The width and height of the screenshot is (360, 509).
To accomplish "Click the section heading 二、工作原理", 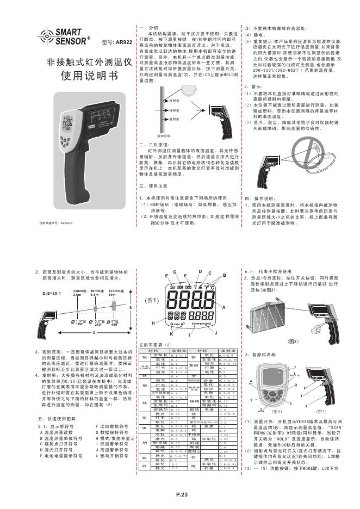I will point(150,144).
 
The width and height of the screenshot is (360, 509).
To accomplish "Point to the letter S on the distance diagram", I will point(129,308).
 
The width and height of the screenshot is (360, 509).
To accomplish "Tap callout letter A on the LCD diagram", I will point(223,307).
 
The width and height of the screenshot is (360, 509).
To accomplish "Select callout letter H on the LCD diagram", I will point(153,323).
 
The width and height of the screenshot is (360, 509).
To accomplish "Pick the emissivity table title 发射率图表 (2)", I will point(156,345).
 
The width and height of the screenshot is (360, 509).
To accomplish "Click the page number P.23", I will point(182,493).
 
